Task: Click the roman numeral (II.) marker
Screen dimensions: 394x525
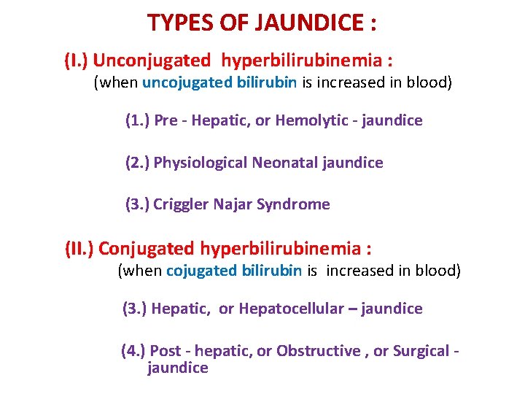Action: point(79,249)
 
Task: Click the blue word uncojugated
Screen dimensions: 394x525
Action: point(187,82)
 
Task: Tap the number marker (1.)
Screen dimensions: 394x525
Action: point(137,120)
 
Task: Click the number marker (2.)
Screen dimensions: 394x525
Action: point(137,163)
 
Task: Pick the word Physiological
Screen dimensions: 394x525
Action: point(200,163)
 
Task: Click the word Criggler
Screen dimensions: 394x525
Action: point(181,204)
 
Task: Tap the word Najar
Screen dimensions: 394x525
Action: point(233,204)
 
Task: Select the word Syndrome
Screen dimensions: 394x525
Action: point(294,204)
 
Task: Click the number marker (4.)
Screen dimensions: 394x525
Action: point(133,351)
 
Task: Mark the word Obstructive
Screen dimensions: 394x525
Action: point(318,351)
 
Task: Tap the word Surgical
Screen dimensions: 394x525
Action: point(421,351)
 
